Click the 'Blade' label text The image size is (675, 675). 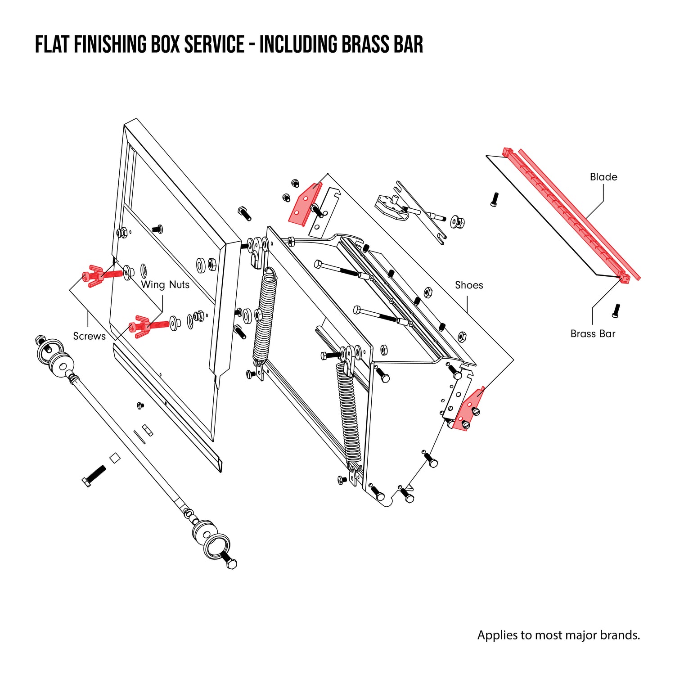pos(603,177)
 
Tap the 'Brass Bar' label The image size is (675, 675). pos(593,333)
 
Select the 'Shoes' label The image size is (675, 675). pos(469,285)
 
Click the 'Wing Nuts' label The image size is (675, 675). pos(165,284)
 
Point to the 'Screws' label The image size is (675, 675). pos(89,336)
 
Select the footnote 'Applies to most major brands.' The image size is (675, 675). pos(558,635)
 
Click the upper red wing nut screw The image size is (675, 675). pos(101,274)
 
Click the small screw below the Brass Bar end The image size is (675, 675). pos(616,309)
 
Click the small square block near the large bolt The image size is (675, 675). pos(115,458)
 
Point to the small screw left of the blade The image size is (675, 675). pos(495,199)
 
